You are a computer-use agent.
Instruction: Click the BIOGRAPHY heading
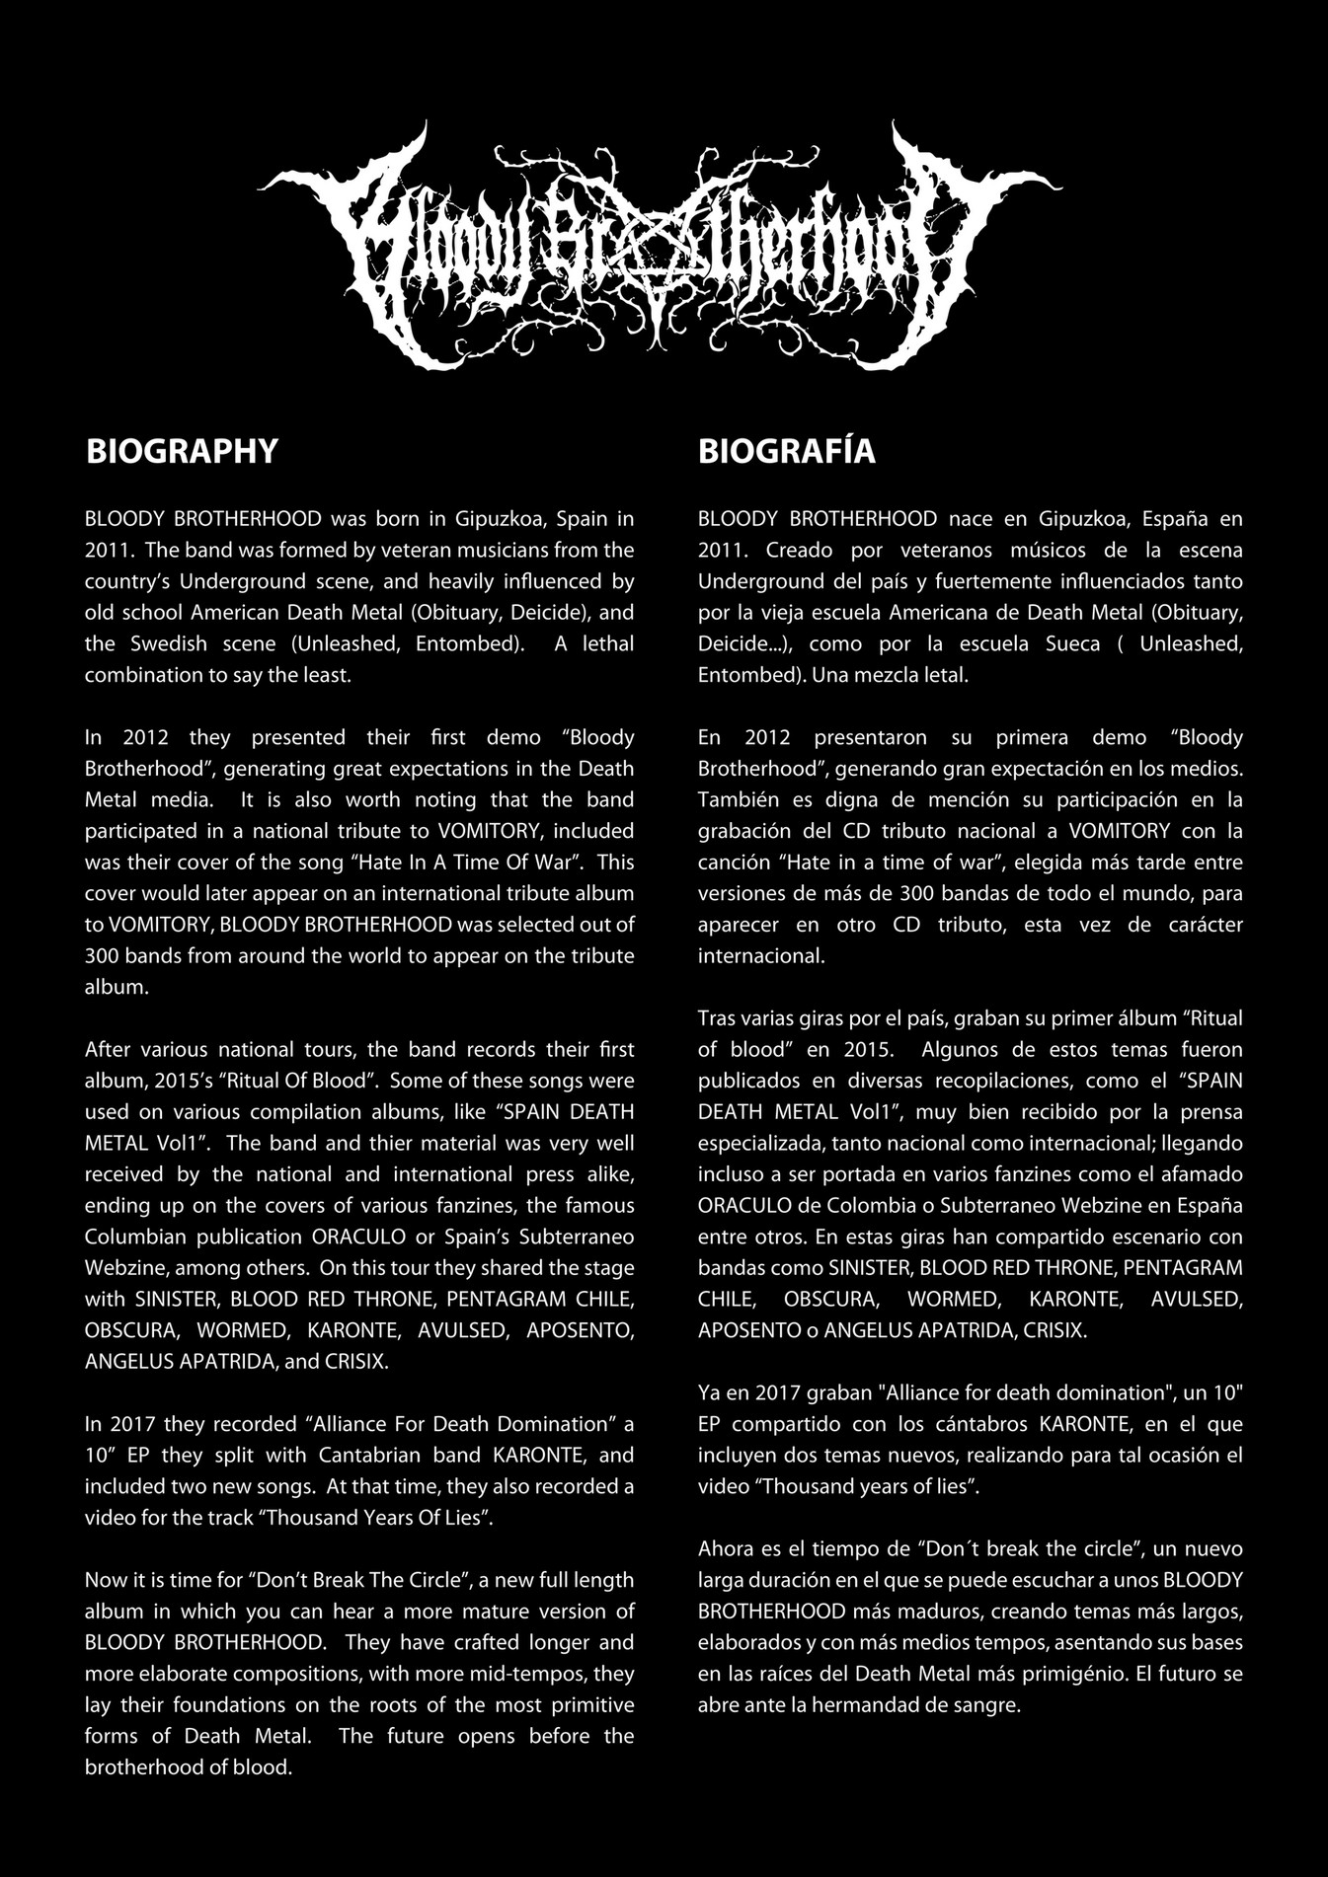pos(182,451)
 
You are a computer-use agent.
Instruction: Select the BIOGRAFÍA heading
pos(786,451)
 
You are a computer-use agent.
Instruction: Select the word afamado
pos(1199,1175)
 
